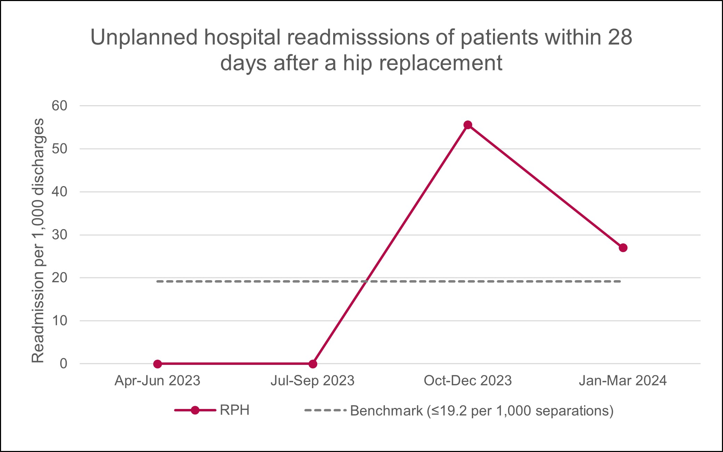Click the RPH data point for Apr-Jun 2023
point(157,364)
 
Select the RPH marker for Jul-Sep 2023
point(313,364)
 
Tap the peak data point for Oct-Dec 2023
point(468,125)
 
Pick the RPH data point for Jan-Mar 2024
point(623,248)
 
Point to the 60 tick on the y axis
point(60,106)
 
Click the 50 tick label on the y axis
point(60,149)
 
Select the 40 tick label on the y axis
point(60,192)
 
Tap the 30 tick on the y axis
point(60,235)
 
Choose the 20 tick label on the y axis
point(60,278)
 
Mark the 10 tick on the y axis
point(60,321)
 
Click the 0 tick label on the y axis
point(64,364)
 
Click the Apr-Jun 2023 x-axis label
point(157,381)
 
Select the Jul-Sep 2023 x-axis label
point(312,381)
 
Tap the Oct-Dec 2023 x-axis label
point(468,381)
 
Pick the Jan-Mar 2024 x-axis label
point(623,381)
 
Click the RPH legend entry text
point(235,410)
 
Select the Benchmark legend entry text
point(482,411)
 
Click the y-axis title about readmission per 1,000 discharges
point(38,240)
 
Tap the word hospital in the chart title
point(242,37)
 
